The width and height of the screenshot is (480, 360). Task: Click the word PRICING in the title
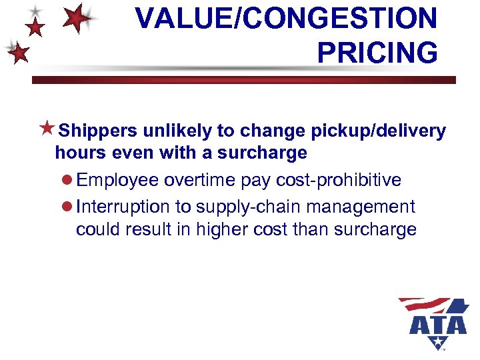(x=377, y=51)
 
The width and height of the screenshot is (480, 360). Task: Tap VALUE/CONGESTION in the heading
(x=287, y=18)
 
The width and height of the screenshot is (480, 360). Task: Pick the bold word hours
(x=79, y=153)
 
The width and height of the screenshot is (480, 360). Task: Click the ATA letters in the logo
(x=438, y=325)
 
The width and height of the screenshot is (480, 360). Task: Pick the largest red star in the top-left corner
(x=78, y=18)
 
